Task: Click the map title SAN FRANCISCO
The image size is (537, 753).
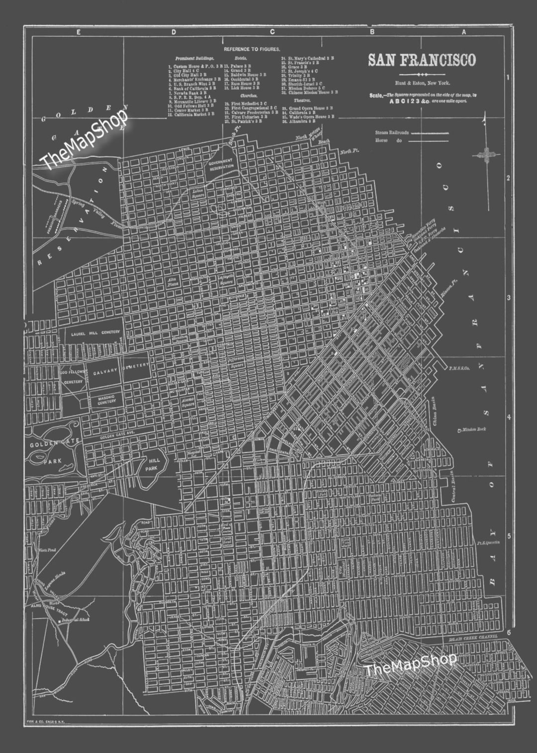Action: coord(421,60)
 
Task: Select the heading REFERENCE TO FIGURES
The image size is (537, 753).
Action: coord(252,49)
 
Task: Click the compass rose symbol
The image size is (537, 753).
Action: coord(486,154)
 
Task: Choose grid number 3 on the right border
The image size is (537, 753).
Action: coord(508,298)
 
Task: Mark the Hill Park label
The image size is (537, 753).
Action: coord(152,465)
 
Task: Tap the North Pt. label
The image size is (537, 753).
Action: coord(346,151)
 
